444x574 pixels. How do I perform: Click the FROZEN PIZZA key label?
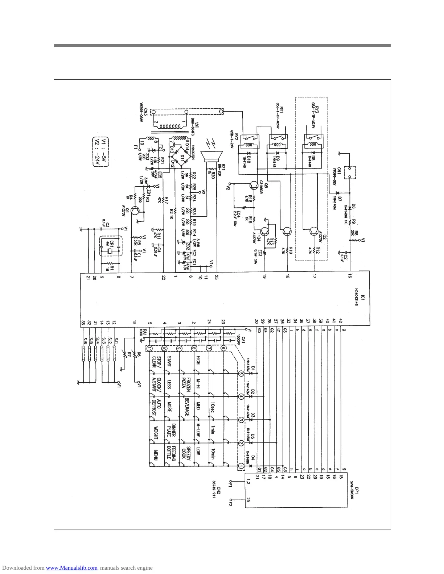tap(186, 385)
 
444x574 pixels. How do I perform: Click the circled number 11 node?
tap(149, 348)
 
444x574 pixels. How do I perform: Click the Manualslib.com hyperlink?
tap(71, 568)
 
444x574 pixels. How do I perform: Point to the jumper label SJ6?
tap(85, 342)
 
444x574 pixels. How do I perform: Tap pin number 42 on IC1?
tap(340, 321)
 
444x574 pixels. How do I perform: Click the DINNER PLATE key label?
tap(171, 430)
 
